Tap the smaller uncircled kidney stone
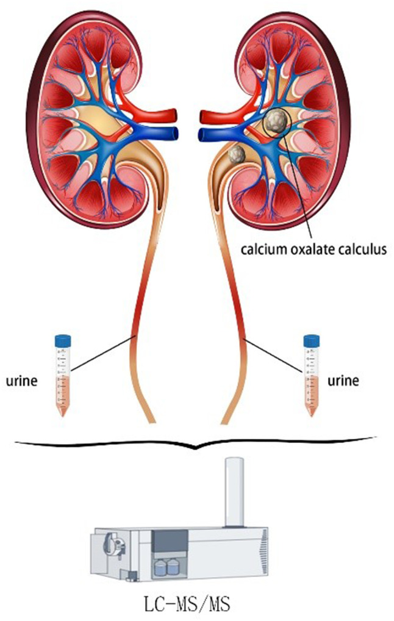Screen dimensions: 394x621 click(x=237, y=154)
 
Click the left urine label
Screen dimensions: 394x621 click(x=21, y=381)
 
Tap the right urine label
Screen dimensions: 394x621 click(x=343, y=381)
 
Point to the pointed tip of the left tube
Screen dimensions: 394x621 click(x=62, y=416)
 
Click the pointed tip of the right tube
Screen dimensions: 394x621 click(x=311, y=416)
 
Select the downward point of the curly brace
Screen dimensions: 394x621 click(x=195, y=449)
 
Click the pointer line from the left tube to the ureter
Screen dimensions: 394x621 click(x=104, y=353)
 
